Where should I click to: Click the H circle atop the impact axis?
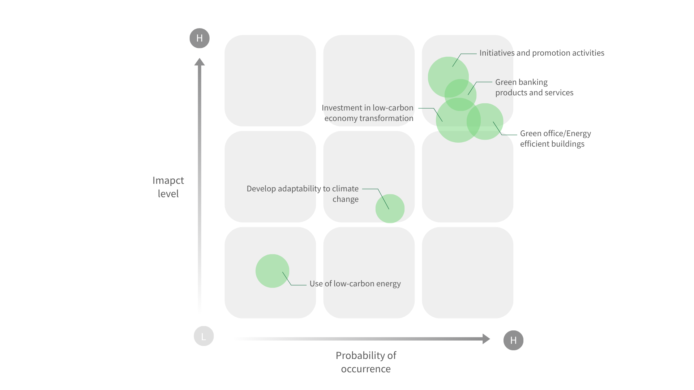point(200,38)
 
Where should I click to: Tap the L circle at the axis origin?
point(204,336)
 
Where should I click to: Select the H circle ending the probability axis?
point(513,340)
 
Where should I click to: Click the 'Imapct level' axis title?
point(168,187)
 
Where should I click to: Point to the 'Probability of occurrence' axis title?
point(366,362)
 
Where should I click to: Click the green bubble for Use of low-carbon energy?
point(272,271)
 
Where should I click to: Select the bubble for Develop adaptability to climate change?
point(390,208)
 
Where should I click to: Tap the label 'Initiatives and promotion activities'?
point(542,53)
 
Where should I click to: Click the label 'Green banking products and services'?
point(534,87)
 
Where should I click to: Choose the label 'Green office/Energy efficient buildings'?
point(556,139)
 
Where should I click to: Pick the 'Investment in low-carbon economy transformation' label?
point(368,113)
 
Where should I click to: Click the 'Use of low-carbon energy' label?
point(355,284)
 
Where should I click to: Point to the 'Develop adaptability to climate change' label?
point(303,194)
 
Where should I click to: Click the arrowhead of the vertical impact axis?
point(200,62)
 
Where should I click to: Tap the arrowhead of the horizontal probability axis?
point(487,339)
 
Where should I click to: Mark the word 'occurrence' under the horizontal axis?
point(366,369)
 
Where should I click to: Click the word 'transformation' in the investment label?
point(387,118)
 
